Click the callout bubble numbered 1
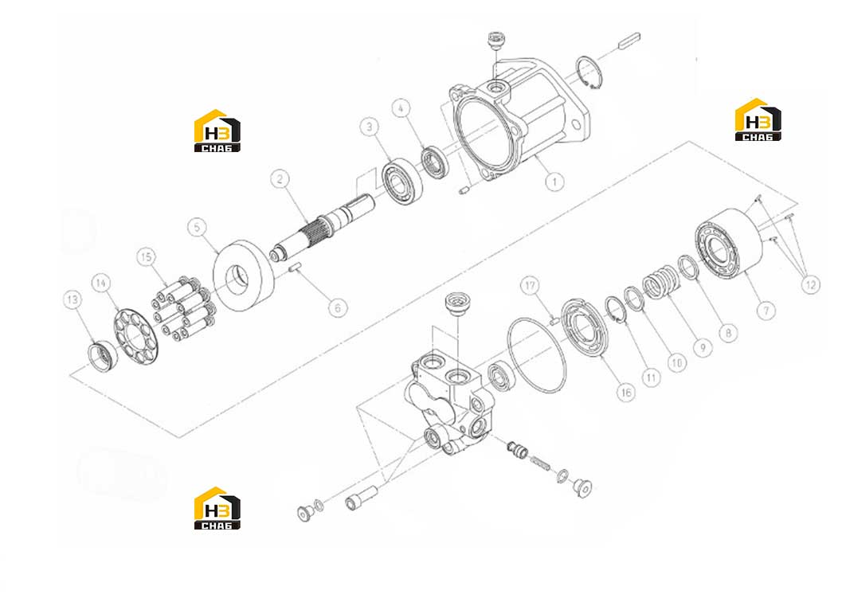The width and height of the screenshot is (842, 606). [554, 182]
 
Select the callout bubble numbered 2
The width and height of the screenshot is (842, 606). [280, 178]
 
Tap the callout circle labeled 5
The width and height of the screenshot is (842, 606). [197, 227]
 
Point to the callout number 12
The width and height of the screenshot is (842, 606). [811, 284]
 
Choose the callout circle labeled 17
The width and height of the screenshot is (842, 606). [530, 285]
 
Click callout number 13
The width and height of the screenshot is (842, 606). [73, 299]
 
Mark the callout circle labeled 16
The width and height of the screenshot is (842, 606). [626, 393]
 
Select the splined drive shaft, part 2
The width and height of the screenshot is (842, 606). [322, 225]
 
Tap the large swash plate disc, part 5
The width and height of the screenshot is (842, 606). [245, 276]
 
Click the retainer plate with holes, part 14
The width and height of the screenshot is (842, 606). [136, 336]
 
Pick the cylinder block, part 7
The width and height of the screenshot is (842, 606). [729, 243]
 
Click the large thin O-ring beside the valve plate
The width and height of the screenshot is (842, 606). [536, 354]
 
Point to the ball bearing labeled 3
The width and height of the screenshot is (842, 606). [402, 182]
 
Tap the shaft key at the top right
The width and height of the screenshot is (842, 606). [629, 41]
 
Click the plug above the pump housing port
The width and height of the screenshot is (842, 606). [495, 40]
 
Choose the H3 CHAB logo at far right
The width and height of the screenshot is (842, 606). [758, 119]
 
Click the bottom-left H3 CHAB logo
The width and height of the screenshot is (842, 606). [217, 508]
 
